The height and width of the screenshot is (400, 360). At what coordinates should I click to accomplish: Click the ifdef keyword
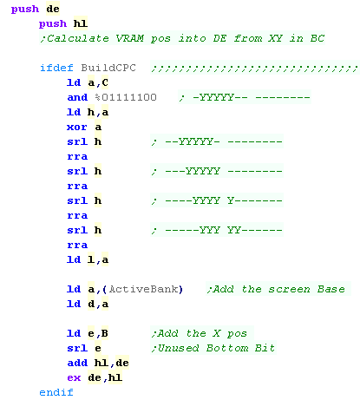(56, 68)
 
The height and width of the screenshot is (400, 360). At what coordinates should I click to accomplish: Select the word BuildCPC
(108, 68)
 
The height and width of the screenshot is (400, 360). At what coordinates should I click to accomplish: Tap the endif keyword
(56, 392)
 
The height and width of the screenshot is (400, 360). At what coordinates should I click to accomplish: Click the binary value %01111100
(126, 97)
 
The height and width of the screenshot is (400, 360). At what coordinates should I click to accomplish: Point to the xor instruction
(77, 127)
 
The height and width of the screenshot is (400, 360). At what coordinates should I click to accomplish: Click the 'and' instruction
(77, 97)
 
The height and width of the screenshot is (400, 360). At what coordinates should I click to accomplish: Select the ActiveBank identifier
(143, 289)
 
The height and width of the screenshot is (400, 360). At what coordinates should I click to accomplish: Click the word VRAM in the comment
(130, 38)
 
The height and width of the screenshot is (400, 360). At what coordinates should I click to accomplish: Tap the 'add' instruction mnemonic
(77, 363)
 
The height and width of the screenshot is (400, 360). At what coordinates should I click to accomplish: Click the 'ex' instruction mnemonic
(74, 377)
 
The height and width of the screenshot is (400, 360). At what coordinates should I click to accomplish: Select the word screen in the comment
(289, 289)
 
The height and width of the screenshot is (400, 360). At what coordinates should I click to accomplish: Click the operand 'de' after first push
(53, 9)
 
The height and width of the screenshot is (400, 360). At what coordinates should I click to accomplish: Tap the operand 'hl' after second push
(81, 23)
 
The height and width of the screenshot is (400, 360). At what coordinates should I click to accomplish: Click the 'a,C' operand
(98, 82)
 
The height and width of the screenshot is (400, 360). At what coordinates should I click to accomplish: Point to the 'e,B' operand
(98, 333)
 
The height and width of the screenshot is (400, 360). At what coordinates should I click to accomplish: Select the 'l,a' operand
(98, 259)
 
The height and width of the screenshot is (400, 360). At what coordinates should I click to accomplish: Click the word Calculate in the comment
(78, 38)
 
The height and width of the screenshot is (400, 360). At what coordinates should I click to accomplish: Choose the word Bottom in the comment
(227, 348)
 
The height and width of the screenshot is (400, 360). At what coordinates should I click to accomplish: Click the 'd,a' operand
(98, 304)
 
